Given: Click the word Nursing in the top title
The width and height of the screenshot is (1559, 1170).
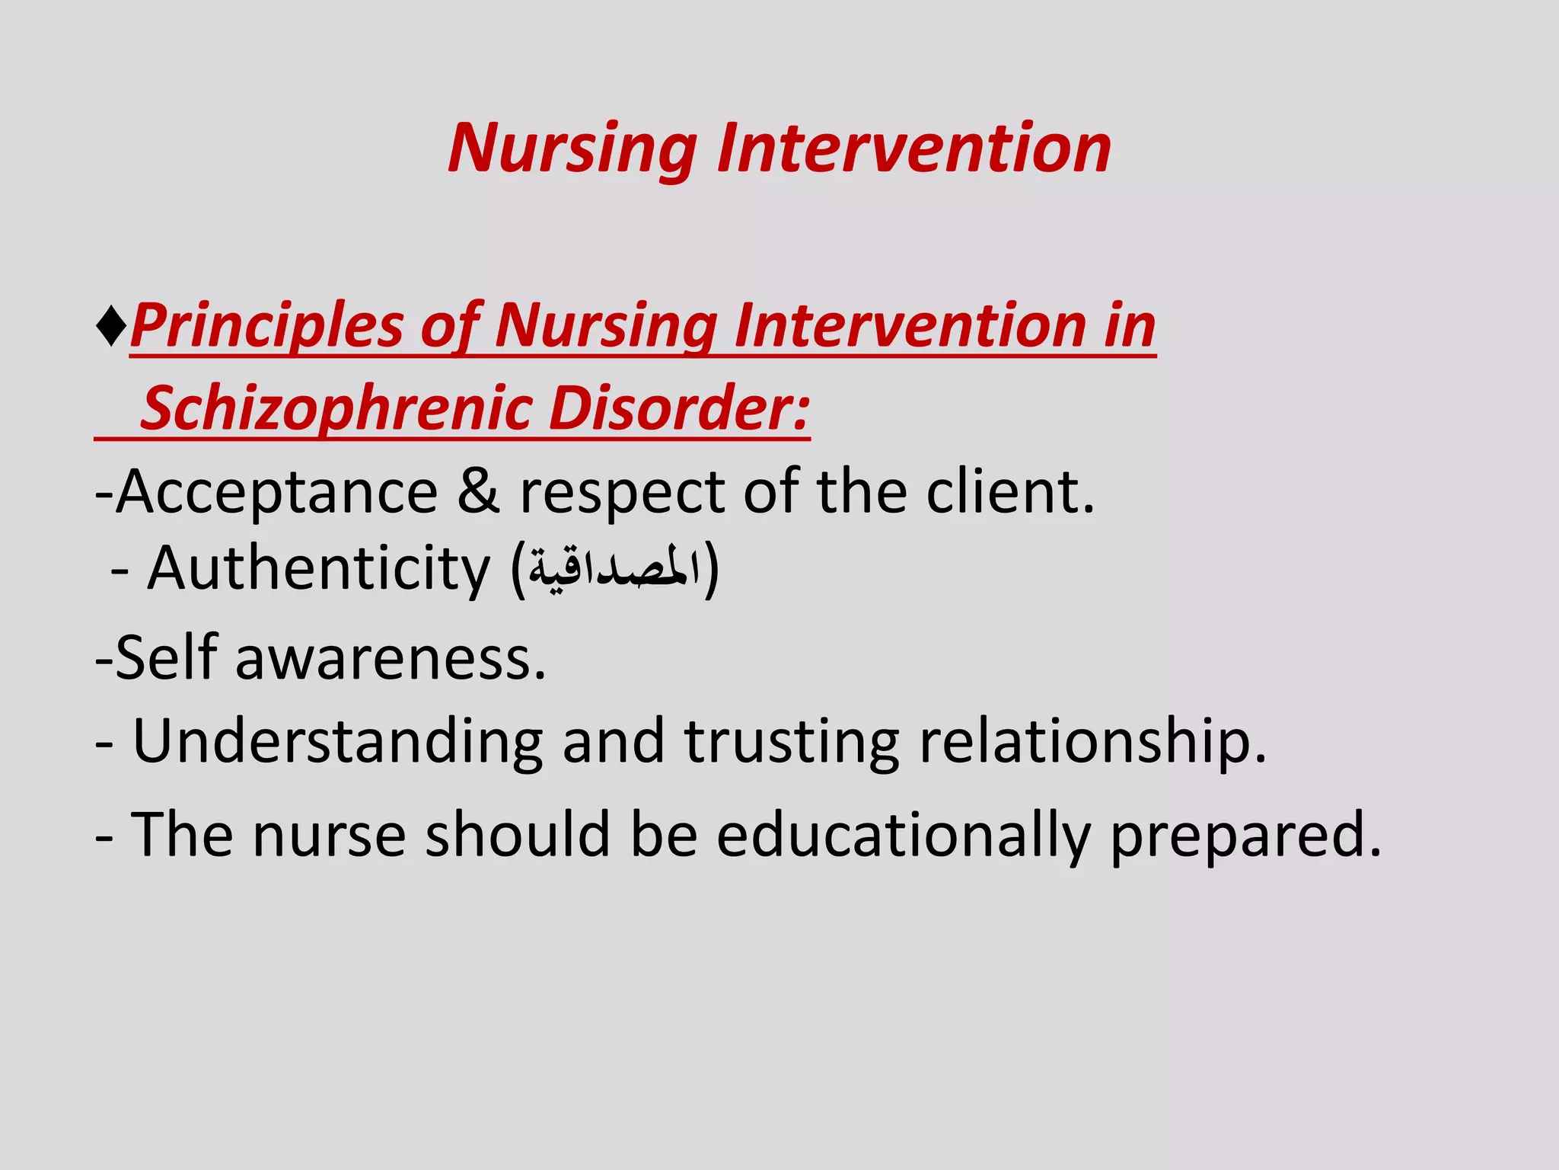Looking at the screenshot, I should [572, 149].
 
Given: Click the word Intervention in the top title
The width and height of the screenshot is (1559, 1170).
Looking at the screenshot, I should [913, 149].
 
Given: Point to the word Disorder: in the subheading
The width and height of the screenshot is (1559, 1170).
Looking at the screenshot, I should [678, 409].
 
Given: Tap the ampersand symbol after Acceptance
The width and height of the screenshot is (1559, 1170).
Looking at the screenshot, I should [478, 492].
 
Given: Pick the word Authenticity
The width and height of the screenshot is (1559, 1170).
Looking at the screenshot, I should [319, 570].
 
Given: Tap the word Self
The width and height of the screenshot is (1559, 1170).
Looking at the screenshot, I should [166, 657].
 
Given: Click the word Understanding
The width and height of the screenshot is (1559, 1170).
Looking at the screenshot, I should [337, 741].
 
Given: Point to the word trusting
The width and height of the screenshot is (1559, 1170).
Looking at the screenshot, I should [792, 741].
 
